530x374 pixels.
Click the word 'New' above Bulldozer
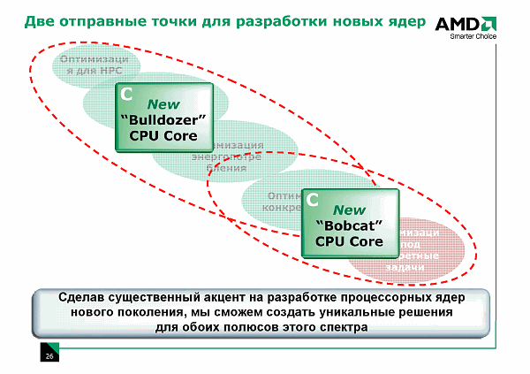163,103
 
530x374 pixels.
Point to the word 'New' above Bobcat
348,210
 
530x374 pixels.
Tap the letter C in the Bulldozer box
127,93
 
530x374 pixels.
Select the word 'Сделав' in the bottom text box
87,296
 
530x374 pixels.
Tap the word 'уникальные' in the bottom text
331,312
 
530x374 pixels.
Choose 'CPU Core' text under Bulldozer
163,135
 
